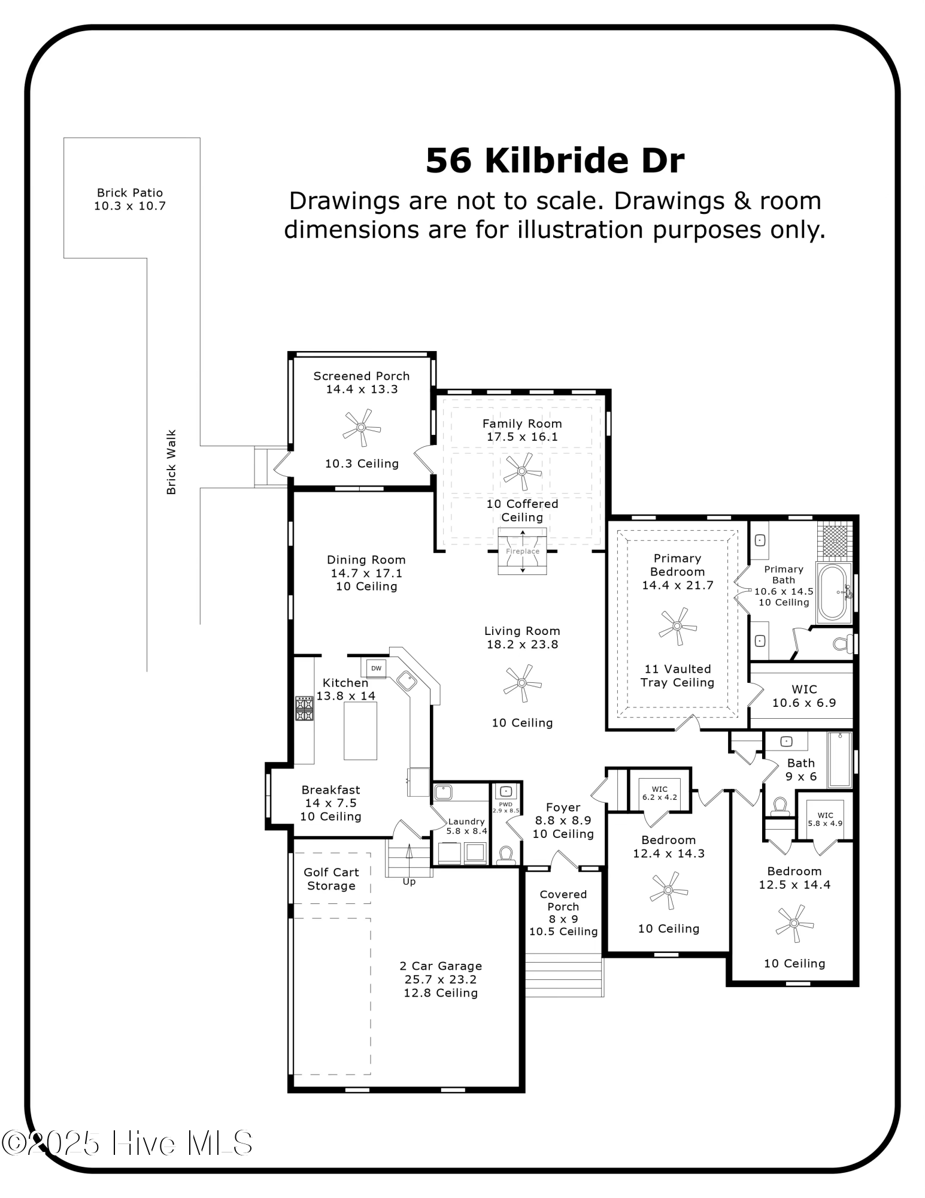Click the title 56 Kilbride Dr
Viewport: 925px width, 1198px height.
(x=554, y=161)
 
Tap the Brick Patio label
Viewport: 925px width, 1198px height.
(x=130, y=193)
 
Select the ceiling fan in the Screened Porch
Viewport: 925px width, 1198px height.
(x=362, y=428)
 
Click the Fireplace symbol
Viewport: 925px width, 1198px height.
(x=523, y=551)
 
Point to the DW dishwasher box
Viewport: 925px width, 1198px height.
(x=376, y=668)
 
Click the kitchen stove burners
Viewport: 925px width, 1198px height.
(x=304, y=708)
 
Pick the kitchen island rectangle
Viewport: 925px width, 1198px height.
(x=360, y=731)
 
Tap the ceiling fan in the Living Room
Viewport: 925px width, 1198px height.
(x=522, y=683)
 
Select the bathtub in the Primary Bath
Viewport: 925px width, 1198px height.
(x=833, y=592)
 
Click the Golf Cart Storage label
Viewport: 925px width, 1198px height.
(x=331, y=879)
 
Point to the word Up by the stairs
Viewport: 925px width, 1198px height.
(x=409, y=882)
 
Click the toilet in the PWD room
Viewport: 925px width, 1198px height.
(x=507, y=854)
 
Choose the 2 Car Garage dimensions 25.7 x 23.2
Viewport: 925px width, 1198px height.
(x=441, y=979)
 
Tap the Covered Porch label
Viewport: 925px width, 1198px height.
(x=563, y=900)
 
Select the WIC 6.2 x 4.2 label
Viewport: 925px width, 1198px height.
(x=659, y=793)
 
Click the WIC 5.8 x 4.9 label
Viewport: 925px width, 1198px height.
(x=825, y=819)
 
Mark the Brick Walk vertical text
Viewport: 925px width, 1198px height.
(x=171, y=462)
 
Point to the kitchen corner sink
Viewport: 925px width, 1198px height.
(x=407, y=681)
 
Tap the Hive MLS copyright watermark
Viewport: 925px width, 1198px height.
(x=127, y=1143)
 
